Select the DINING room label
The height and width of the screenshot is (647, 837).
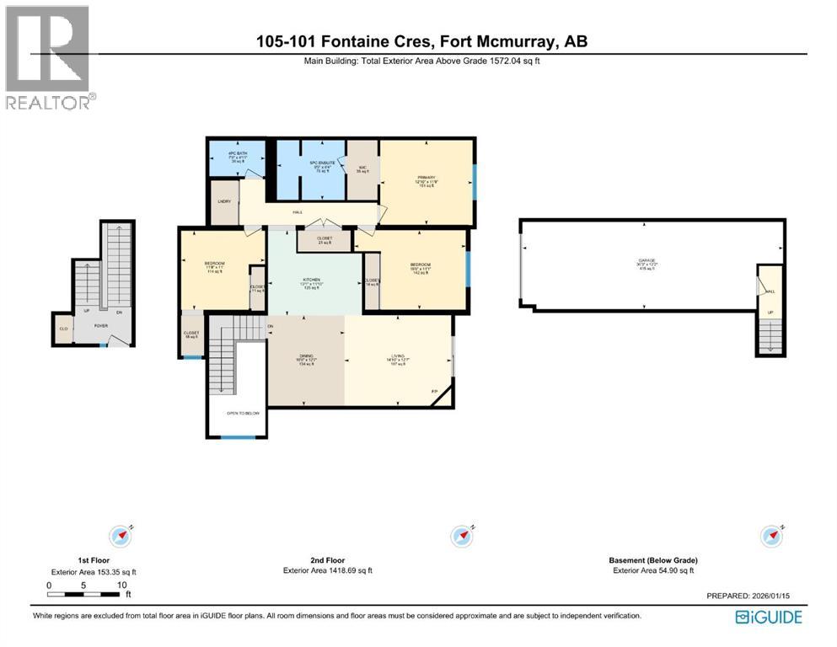(304, 356)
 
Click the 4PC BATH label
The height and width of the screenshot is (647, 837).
(234, 152)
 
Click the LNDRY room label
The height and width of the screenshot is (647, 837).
(224, 201)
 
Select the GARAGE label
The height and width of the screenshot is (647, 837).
(647, 261)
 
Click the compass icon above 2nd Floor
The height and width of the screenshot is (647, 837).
(461, 536)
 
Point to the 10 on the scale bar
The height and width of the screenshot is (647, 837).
(122, 585)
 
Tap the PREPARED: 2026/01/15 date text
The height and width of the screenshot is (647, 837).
(746, 596)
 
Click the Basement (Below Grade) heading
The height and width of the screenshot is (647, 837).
(652, 560)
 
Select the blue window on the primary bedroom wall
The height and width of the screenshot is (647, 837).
(474, 182)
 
